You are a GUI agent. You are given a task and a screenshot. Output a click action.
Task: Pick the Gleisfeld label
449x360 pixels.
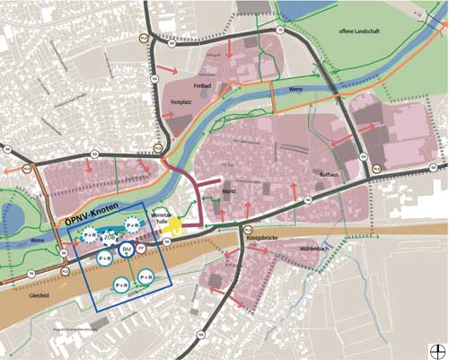[40, 294]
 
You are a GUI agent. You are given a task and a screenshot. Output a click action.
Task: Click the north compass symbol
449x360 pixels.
[437, 349]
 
